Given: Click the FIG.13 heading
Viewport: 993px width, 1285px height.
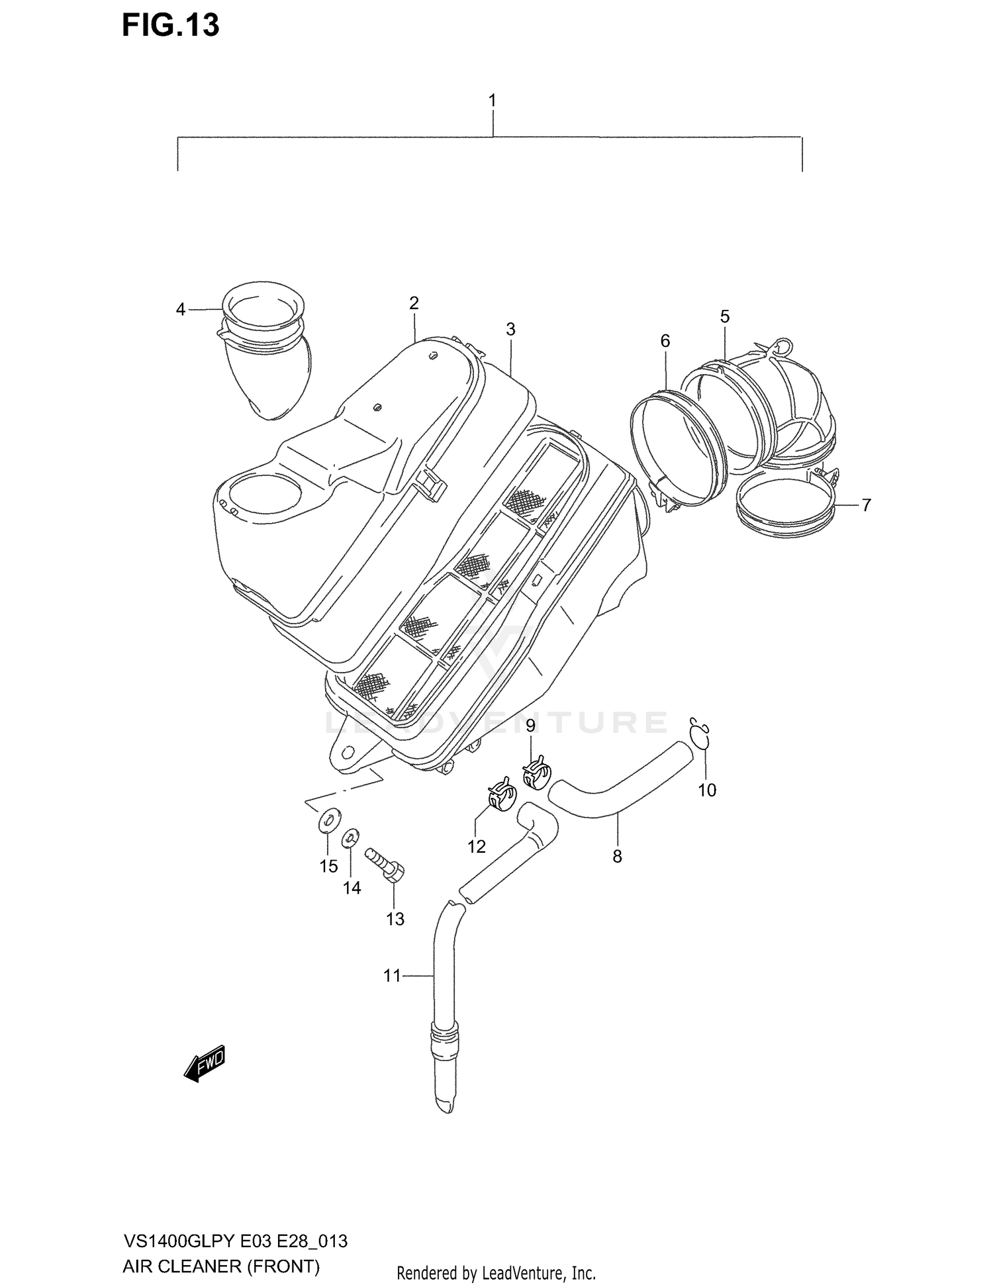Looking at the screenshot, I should [170, 25].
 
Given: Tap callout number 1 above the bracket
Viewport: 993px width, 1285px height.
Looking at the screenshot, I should [492, 101].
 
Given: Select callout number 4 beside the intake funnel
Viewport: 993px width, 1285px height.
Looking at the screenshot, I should [181, 309].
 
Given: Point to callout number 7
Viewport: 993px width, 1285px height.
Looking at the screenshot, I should [866, 505].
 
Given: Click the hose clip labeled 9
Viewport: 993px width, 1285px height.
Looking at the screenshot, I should [537, 773].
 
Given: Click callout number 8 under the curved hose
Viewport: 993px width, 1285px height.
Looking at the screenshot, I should [617, 857].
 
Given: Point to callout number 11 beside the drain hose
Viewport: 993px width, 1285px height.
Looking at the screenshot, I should [392, 976].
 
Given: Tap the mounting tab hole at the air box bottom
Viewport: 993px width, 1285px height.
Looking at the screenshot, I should [345, 753].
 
